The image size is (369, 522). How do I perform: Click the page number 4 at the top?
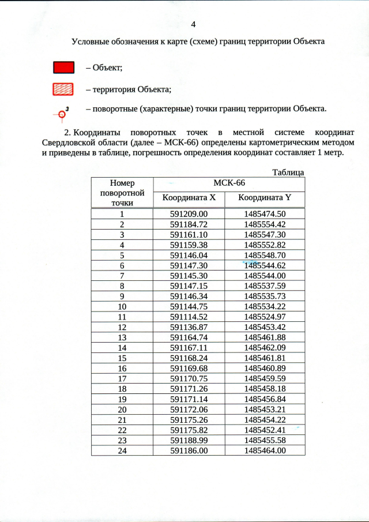point(193,24)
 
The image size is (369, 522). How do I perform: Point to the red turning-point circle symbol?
point(60,114)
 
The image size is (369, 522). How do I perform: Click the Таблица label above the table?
point(288,172)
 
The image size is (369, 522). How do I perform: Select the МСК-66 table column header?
point(229,183)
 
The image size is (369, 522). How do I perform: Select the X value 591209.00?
point(189,214)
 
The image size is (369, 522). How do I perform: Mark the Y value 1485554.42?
point(265,224)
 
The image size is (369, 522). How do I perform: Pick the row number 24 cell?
point(122,450)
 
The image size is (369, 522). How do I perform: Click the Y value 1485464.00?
point(265,450)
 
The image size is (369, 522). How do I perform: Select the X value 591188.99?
point(189,440)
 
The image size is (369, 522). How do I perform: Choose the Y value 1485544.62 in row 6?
point(265,266)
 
